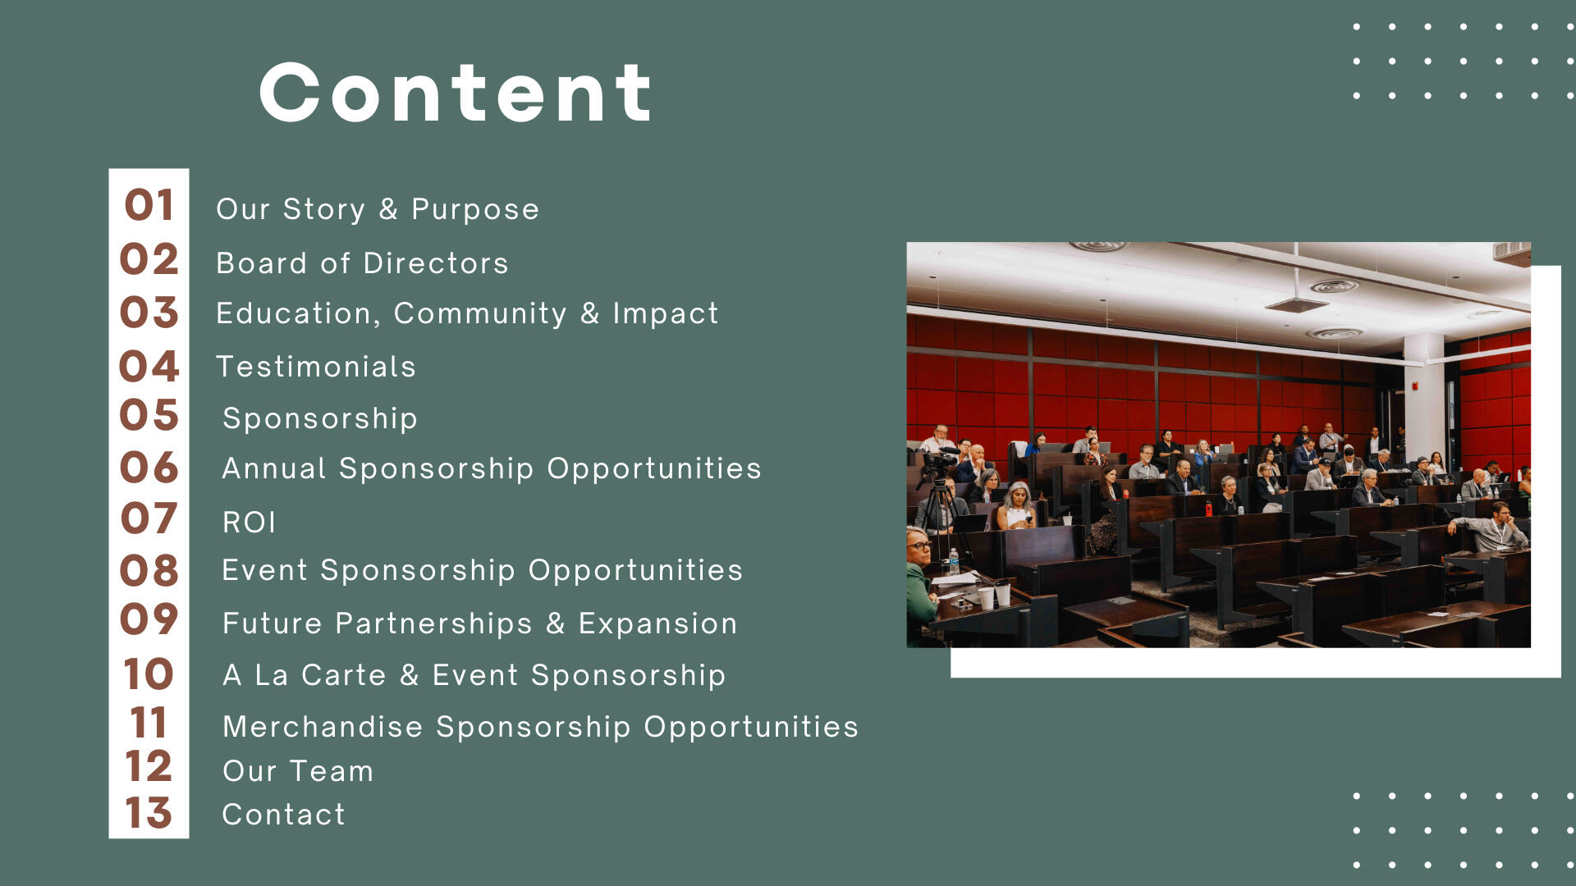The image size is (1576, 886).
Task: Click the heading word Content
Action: (456, 93)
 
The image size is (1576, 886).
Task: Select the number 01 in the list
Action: (149, 205)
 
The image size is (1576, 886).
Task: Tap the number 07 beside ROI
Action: (149, 518)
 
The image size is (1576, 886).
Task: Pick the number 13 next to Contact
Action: (149, 813)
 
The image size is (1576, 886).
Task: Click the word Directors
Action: (436, 263)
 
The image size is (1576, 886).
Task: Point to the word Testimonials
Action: (316, 367)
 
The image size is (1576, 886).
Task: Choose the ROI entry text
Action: (250, 523)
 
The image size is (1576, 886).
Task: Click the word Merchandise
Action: (323, 727)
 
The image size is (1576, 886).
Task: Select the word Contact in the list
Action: (284, 815)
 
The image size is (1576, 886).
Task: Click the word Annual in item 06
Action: (274, 468)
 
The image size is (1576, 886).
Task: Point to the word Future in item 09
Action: (273, 623)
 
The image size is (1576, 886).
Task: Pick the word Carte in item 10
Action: (344, 675)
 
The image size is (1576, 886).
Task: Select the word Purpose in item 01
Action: (475, 210)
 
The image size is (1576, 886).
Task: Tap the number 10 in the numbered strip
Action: (149, 674)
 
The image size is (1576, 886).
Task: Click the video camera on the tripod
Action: (937, 464)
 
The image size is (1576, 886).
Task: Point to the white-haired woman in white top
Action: (1017, 507)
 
